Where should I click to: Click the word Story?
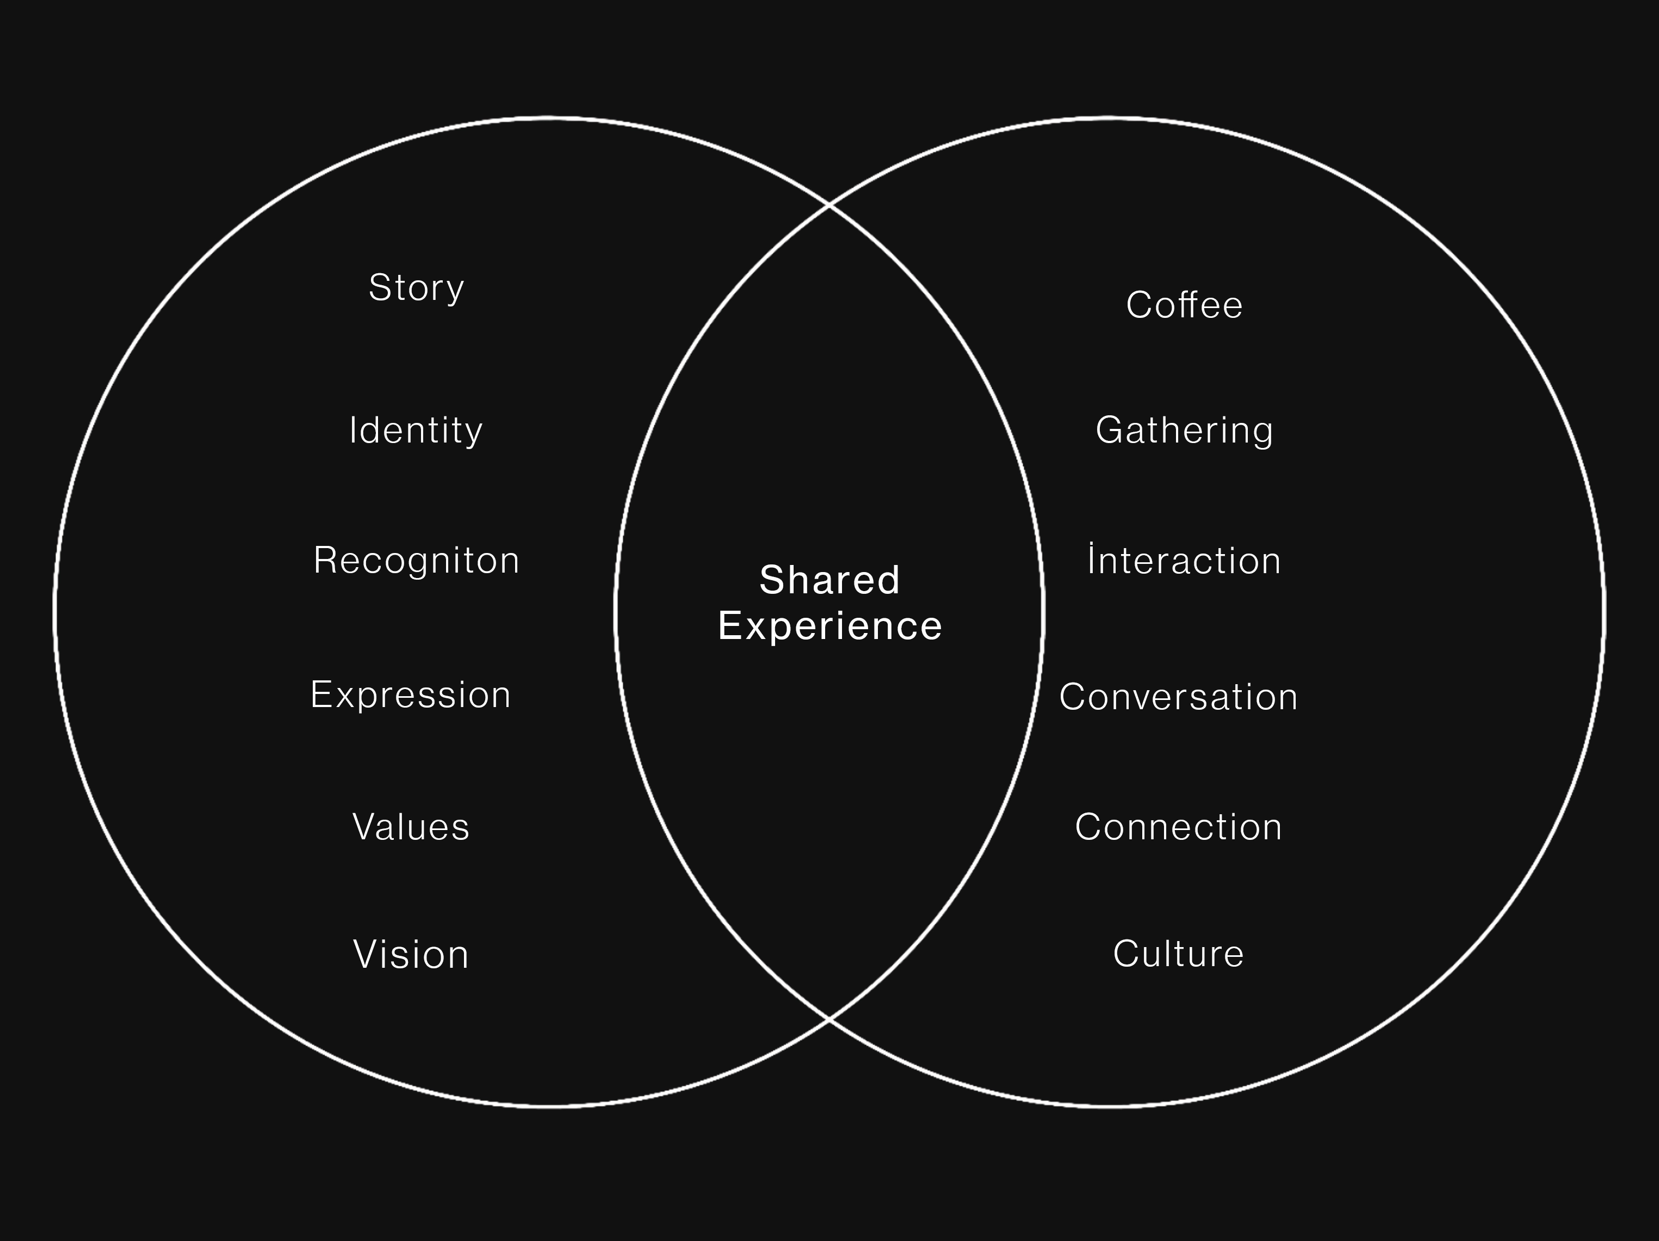point(416,288)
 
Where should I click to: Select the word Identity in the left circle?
point(416,431)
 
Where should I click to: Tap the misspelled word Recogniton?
point(416,561)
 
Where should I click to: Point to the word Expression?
point(410,695)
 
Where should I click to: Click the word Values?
point(411,827)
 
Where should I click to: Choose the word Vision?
point(411,954)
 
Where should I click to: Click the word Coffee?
point(1184,305)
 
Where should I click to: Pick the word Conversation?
point(1178,697)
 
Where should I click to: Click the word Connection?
point(1178,827)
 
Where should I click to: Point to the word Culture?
point(1178,954)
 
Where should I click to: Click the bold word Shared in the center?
point(829,580)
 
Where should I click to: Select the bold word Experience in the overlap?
point(829,627)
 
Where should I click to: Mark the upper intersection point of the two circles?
point(829,204)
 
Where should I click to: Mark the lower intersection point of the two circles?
point(829,1019)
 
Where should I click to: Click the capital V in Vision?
point(366,954)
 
